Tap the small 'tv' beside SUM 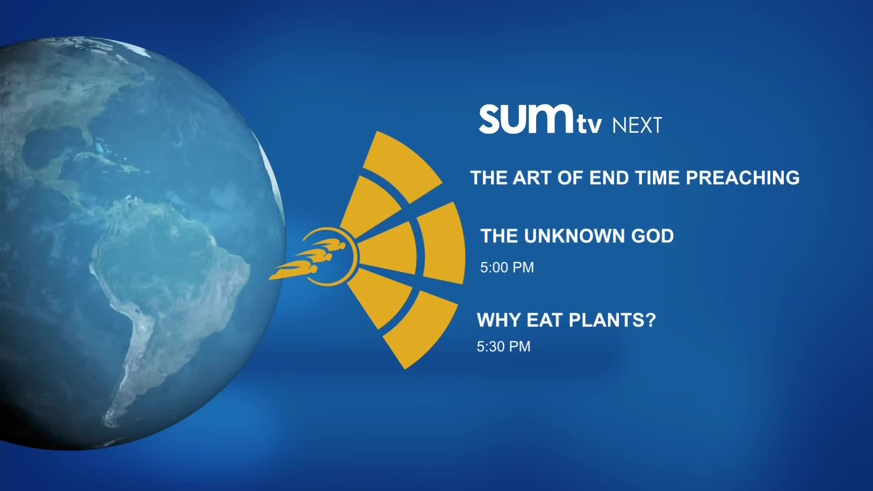click(x=589, y=125)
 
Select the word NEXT click(x=637, y=125)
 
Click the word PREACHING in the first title click(x=743, y=178)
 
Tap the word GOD click(x=652, y=236)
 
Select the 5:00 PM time click(x=507, y=267)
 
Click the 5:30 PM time click(x=503, y=346)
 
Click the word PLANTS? click(x=612, y=320)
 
